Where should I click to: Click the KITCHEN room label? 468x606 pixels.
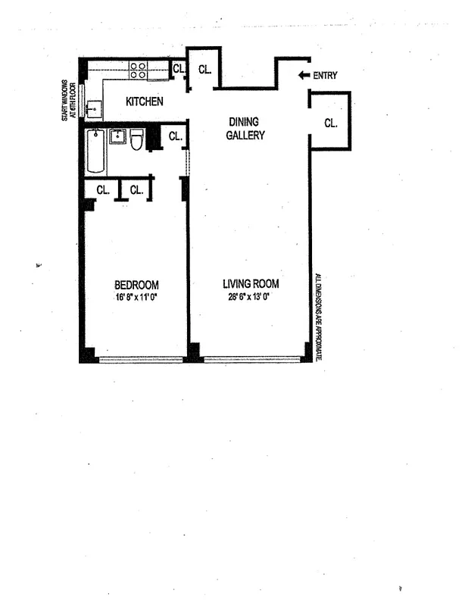(144, 102)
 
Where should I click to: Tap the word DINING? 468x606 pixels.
(246, 121)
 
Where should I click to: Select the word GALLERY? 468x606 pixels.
(246, 136)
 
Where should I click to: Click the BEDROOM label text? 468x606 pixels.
(136, 285)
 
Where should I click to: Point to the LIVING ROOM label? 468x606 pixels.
(251, 284)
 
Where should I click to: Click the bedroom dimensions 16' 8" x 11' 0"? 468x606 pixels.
(136, 297)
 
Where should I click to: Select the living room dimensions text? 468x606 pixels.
(251, 297)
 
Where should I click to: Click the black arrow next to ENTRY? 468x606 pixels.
(304, 75)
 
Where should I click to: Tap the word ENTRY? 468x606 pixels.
(325, 75)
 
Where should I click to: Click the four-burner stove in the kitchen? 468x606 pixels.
(138, 70)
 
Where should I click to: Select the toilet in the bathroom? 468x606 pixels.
(137, 139)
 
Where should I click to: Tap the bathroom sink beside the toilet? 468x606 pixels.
(118, 137)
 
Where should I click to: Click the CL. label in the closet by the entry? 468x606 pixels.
(331, 122)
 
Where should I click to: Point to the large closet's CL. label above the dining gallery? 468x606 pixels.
(204, 70)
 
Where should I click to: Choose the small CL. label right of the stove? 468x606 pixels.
(179, 70)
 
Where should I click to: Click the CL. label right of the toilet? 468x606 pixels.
(174, 136)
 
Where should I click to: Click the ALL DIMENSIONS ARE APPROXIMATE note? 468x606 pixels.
(319, 317)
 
